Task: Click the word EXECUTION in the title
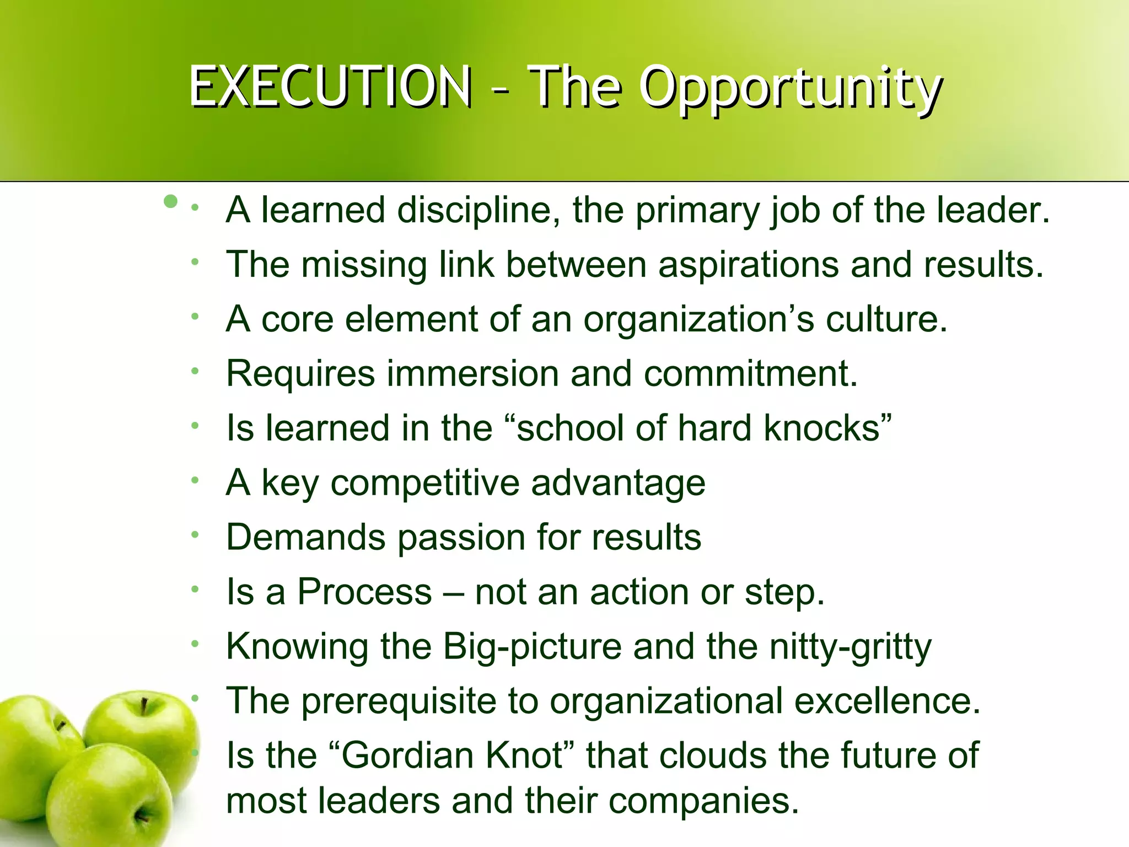330,87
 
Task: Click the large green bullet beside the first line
171,201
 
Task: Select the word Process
364,592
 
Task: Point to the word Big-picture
532,647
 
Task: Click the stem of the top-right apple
144,706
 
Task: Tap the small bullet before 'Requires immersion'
195,372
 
